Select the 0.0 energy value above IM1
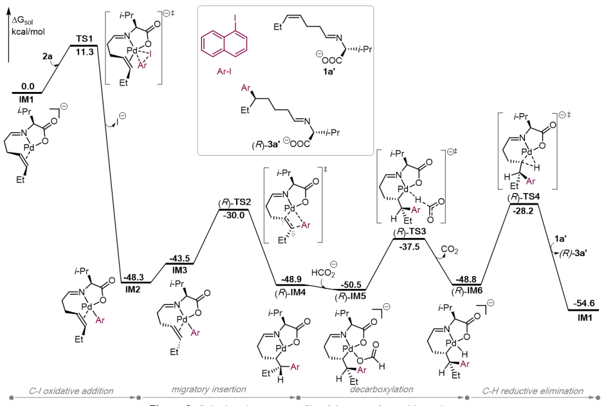click(27, 86)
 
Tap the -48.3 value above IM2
click(135, 279)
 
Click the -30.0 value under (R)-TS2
click(233, 216)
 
